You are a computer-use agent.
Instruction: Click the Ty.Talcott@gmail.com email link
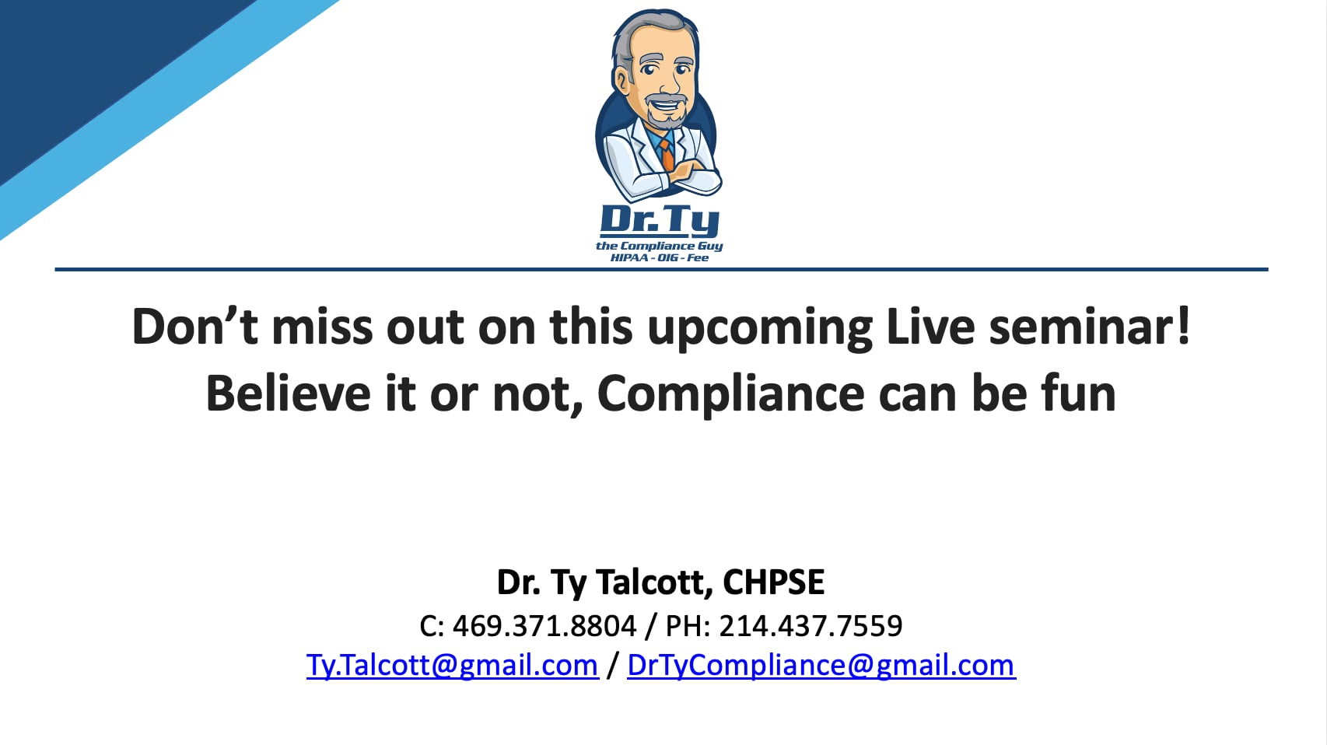(x=452, y=666)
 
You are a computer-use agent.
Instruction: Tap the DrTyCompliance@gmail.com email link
(x=821, y=666)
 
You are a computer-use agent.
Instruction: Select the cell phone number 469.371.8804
(x=544, y=626)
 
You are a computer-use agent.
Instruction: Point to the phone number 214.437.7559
(x=811, y=626)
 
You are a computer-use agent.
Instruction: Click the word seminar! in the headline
(x=1089, y=327)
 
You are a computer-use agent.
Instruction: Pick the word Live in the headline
(x=930, y=327)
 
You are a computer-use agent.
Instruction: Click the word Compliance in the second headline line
(x=730, y=393)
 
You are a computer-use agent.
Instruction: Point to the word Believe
(x=288, y=393)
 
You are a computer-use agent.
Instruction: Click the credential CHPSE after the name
(x=773, y=582)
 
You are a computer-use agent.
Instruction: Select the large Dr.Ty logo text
(x=660, y=220)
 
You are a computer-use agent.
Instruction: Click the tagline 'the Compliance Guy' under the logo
(x=660, y=246)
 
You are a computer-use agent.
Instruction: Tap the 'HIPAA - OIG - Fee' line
(x=660, y=257)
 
